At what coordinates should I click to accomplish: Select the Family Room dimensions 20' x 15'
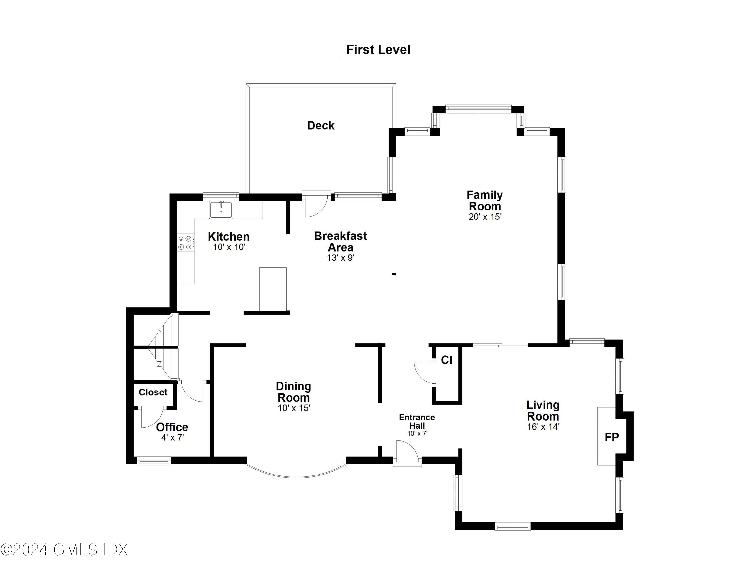pyautogui.click(x=485, y=217)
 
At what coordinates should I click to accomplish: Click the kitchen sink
pyautogui.click(x=221, y=210)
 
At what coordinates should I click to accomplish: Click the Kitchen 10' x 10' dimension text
pyautogui.click(x=229, y=247)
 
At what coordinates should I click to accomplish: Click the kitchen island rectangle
pyautogui.click(x=273, y=289)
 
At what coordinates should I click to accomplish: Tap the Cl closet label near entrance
pyautogui.click(x=447, y=360)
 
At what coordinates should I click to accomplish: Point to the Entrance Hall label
pyautogui.click(x=417, y=421)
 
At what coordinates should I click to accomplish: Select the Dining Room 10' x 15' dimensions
pyautogui.click(x=294, y=408)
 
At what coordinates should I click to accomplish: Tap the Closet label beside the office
pyautogui.click(x=153, y=392)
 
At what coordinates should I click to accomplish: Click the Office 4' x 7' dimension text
pyautogui.click(x=172, y=438)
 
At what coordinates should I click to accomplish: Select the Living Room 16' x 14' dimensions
pyautogui.click(x=543, y=427)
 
